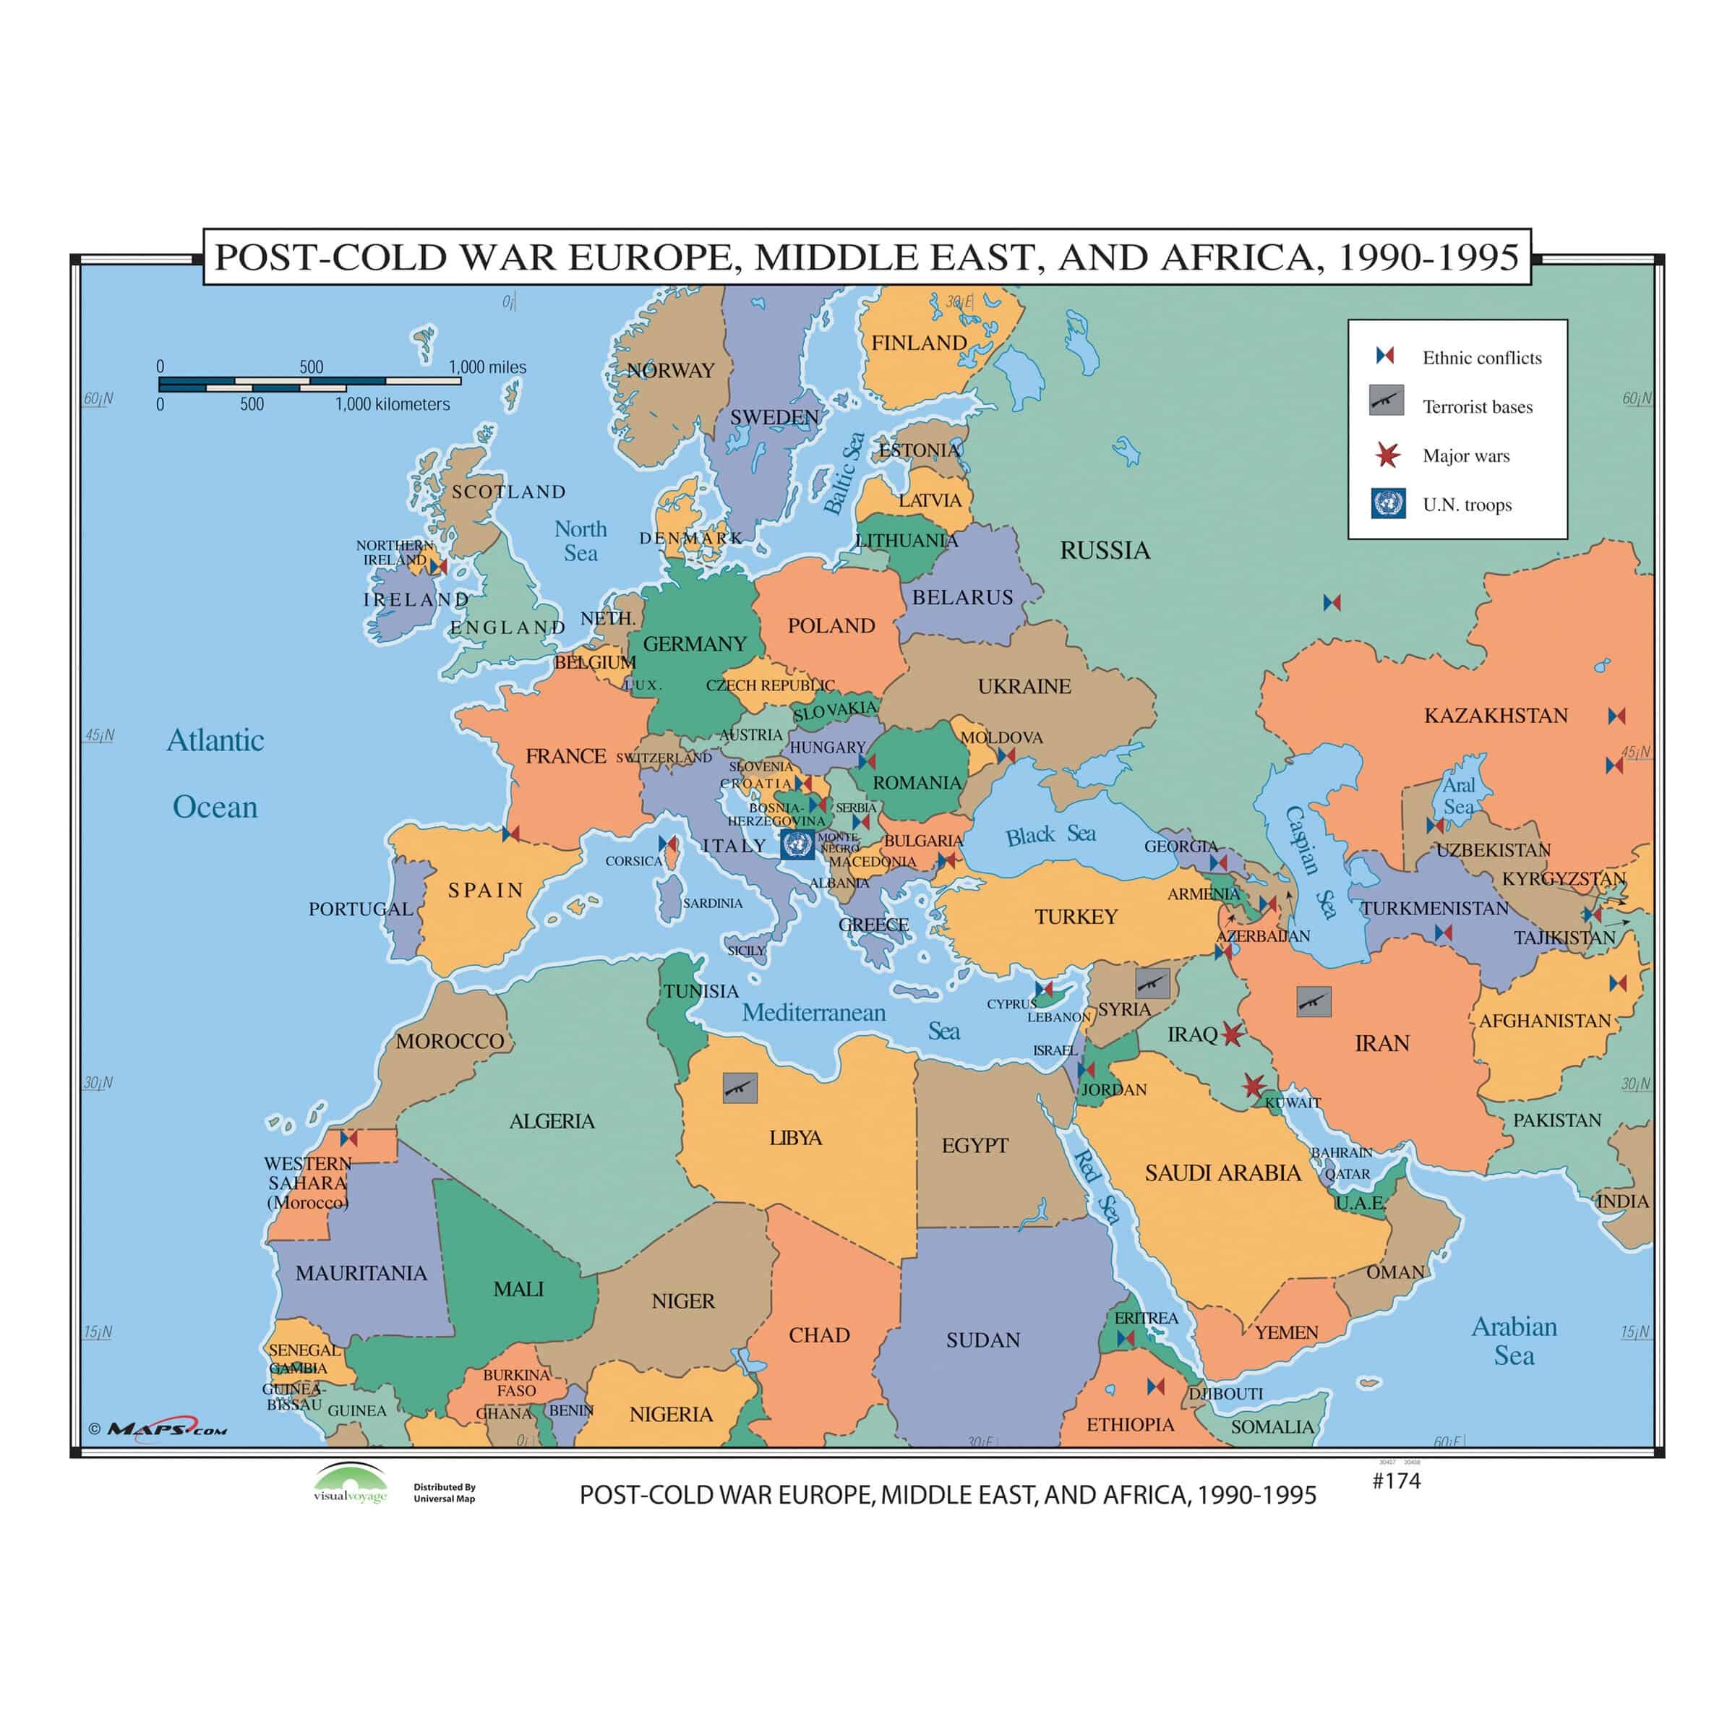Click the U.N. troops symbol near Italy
click(797, 844)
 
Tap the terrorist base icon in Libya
click(740, 1087)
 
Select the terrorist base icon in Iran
click(1314, 1001)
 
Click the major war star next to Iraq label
click(1232, 1034)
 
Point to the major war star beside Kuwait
click(1254, 1087)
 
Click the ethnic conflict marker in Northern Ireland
click(438, 567)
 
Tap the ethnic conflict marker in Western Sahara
click(349, 1139)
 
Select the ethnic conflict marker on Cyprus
click(1043, 990)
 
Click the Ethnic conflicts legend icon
click(1385, 356)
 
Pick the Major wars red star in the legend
click(1387, 455)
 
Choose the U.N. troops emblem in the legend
click(1388, 503)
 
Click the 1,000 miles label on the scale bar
click(488, 367)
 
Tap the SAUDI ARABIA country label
click(1222, 1173)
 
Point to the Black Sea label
click(1050, 835)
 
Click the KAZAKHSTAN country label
click(1495, 716)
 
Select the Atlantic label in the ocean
click(215, 741)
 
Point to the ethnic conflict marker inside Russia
click(1332, 603)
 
